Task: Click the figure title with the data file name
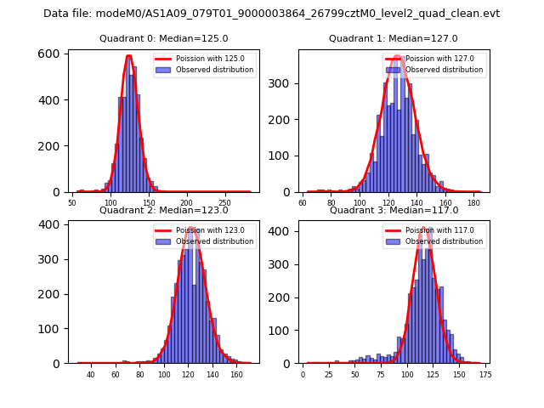[271, 14]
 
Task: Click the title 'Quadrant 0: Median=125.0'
[163, 38]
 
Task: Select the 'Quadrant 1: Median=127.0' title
[393, 38]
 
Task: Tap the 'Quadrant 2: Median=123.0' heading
[163, 210]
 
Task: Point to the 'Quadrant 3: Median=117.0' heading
[393, 210]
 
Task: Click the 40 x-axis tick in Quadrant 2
[91, 375]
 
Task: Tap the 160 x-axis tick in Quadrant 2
[236, 375]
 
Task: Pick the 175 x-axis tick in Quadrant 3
[485, 375]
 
